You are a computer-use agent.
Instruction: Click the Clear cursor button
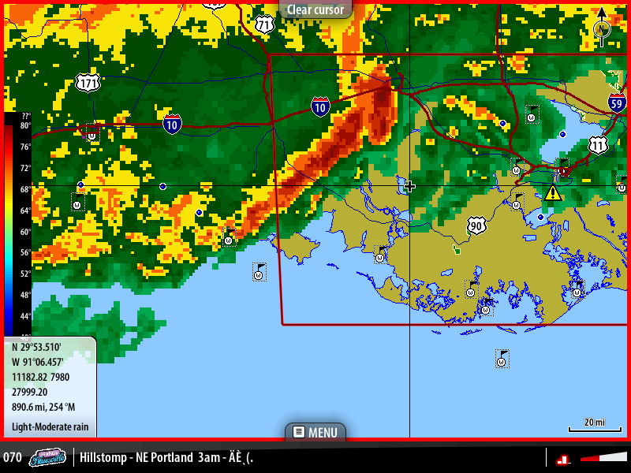(x=315, y=9)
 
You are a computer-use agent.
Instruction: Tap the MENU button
(x=315, y=432)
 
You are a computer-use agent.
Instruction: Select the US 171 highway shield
(x=89, y=81)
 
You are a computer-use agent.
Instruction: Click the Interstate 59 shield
(x=618, y=102)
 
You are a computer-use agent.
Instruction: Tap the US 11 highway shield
(x=599, y=145)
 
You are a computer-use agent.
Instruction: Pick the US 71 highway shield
(x=265, y=24)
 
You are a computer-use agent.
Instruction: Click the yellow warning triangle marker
(x=553, y=192)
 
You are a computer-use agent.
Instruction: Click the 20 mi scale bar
(x=589, y=426)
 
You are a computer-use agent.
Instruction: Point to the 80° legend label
(x=25, y=125)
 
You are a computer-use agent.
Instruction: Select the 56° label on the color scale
(x=25, y=253)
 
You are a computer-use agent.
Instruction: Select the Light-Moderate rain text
(x=50, y=428)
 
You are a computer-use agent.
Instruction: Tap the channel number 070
(x=13, y=457)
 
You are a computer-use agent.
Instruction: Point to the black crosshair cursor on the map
(x=409, y=186)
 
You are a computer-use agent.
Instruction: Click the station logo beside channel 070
(x=48, y=457)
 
